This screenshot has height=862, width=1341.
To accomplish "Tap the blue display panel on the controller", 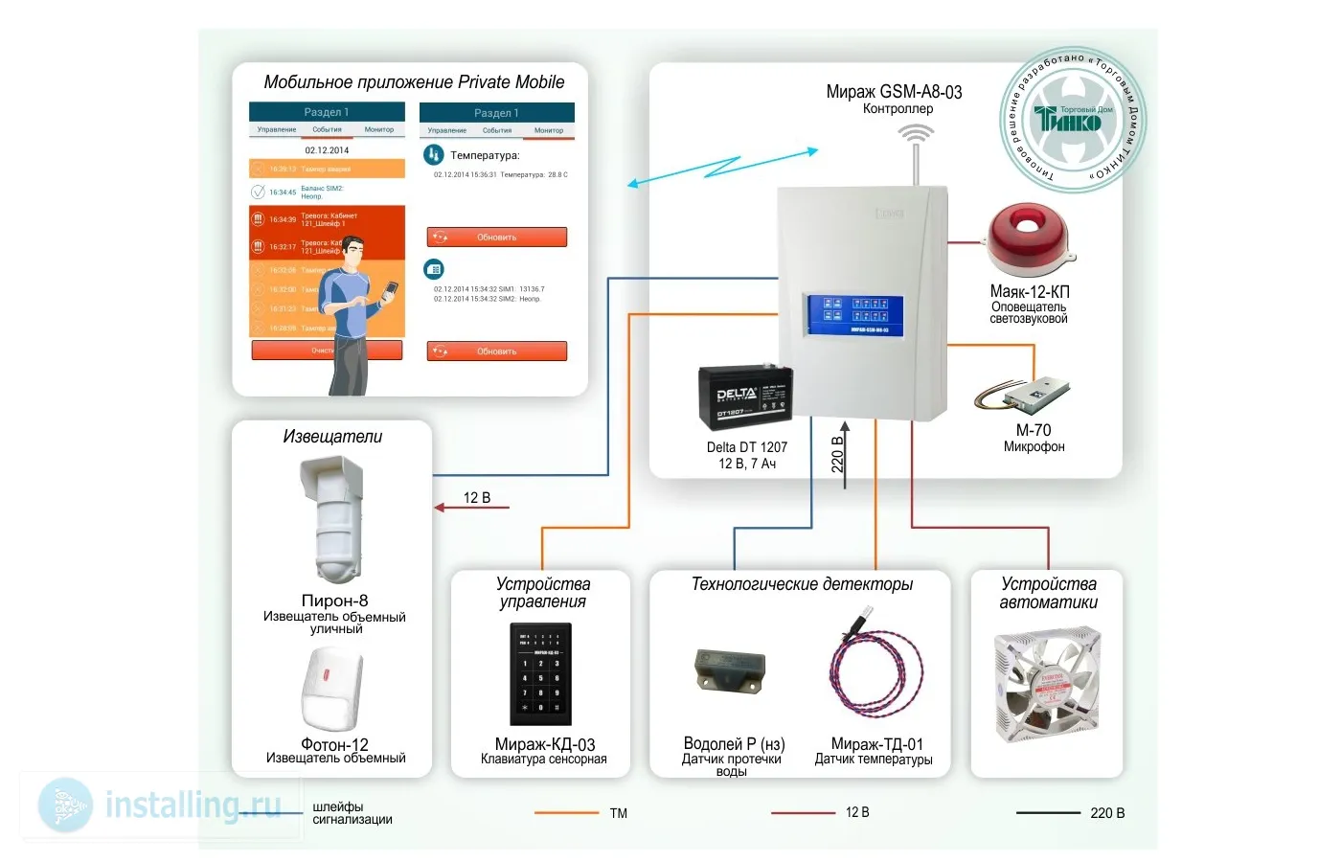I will (x=855, y=315).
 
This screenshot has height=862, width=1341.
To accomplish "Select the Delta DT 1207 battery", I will (x=746, y=397).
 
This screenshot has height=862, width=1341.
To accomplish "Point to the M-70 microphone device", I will (x=1025, y=393).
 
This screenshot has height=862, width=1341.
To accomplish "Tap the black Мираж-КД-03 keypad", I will (x=541, y=674).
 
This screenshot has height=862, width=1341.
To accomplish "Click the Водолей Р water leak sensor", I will (x=729, y=670).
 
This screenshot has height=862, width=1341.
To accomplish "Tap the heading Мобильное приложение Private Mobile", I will (x=414, y=82).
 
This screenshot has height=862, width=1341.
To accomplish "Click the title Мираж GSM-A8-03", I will (x=894, y=92).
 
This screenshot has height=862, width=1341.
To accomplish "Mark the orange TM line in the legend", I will (x=566, y=813).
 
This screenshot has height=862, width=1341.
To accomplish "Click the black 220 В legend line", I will (x=1047, y=813).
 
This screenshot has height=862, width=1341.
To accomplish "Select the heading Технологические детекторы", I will (x=802, y=584).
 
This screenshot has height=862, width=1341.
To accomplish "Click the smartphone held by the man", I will (x=391, y=290).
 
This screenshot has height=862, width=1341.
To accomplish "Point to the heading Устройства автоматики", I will (x=1048, y=593).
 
